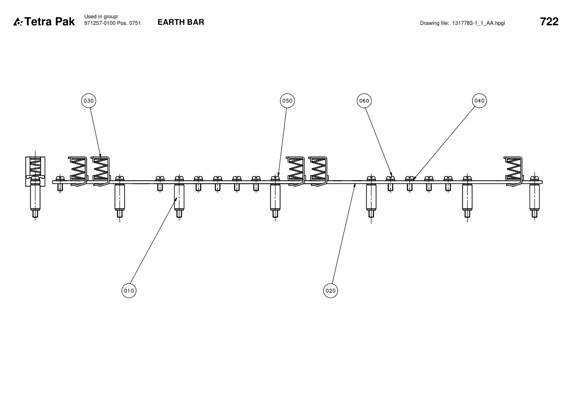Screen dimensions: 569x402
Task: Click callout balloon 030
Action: pyautogui.click(x=89, y=101)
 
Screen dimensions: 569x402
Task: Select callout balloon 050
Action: pyautogui.click(x=287, y=101)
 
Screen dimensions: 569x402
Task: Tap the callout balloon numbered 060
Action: pyautogui.click(x=364, y=101)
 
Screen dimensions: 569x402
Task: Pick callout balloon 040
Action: pyautogui.click(x=479, y=101)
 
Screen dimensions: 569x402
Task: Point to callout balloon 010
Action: pyautogui.click(x=129, y=290)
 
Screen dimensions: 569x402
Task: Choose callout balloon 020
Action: pyautogui.click(x=330, y=290)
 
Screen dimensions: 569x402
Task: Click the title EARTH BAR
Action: pyautogui.click(x=181, y=22)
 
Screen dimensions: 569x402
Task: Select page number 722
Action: pyautogui.click(x=549, y=21)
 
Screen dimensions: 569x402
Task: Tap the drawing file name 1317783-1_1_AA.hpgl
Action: pyautogui.click(x=478, y=23)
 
